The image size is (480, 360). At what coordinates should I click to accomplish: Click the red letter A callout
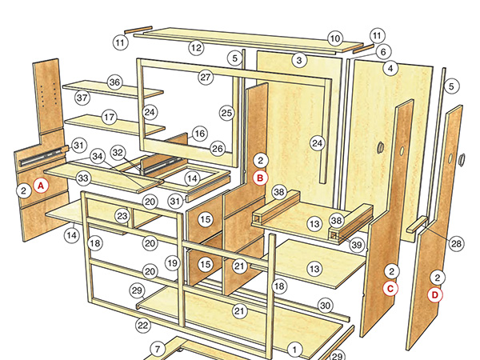[x=41, y=185]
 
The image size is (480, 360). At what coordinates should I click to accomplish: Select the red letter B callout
[x=260, y=178]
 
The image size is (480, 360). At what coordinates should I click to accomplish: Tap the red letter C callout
[x=390, y=289]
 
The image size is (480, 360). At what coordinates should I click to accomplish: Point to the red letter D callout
[x=436, y=294]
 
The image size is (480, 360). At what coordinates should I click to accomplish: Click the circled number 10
[x=334, y=38]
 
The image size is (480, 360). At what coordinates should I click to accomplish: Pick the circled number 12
[x=196, y=48]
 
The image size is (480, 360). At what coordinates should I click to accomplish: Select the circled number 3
[x=299, y=59]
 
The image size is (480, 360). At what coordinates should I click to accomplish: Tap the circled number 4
[x=390, y=69]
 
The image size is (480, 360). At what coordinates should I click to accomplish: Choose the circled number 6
[x=383, y=52]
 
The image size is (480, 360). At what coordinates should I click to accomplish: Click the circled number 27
[x=206, y=78]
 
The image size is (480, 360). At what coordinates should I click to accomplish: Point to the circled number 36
[x=114, y=82]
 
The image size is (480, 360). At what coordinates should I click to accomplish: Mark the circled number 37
[x=82, y=98]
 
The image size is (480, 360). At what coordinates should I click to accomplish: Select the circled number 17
[x=109, y=117]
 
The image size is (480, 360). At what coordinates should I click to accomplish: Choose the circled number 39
[x=357, y=244]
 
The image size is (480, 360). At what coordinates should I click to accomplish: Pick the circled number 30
[x=324, y=305]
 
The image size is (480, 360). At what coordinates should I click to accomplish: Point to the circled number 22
[x=143, y=326]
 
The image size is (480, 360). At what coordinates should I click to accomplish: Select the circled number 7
[x=158, y=349]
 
